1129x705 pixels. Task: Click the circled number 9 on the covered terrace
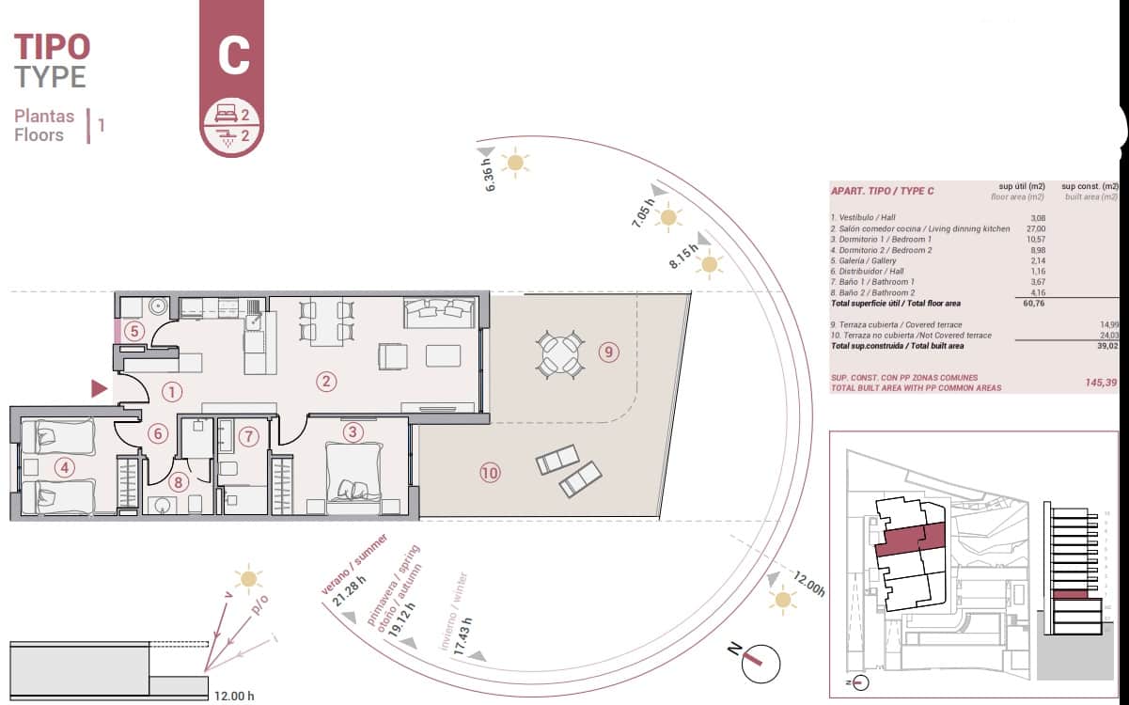[609, 352]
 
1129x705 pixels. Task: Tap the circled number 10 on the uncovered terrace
[489, 473]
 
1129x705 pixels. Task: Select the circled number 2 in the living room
[326, 381]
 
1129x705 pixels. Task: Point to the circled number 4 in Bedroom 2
[64, 466]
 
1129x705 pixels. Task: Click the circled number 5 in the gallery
[134, 331]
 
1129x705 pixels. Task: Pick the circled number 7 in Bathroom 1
[248, 436]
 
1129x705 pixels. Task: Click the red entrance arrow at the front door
[99, 388]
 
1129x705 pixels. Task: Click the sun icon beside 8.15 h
[710, 265]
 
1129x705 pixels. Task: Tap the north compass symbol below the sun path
[758, 662]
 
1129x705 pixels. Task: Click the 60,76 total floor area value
[1031, 304]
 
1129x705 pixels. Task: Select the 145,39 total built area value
[1099, 383]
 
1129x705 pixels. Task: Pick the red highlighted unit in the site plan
[909, 540]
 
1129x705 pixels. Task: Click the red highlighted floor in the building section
[1069, 594]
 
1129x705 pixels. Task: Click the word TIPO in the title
[52, 45]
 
